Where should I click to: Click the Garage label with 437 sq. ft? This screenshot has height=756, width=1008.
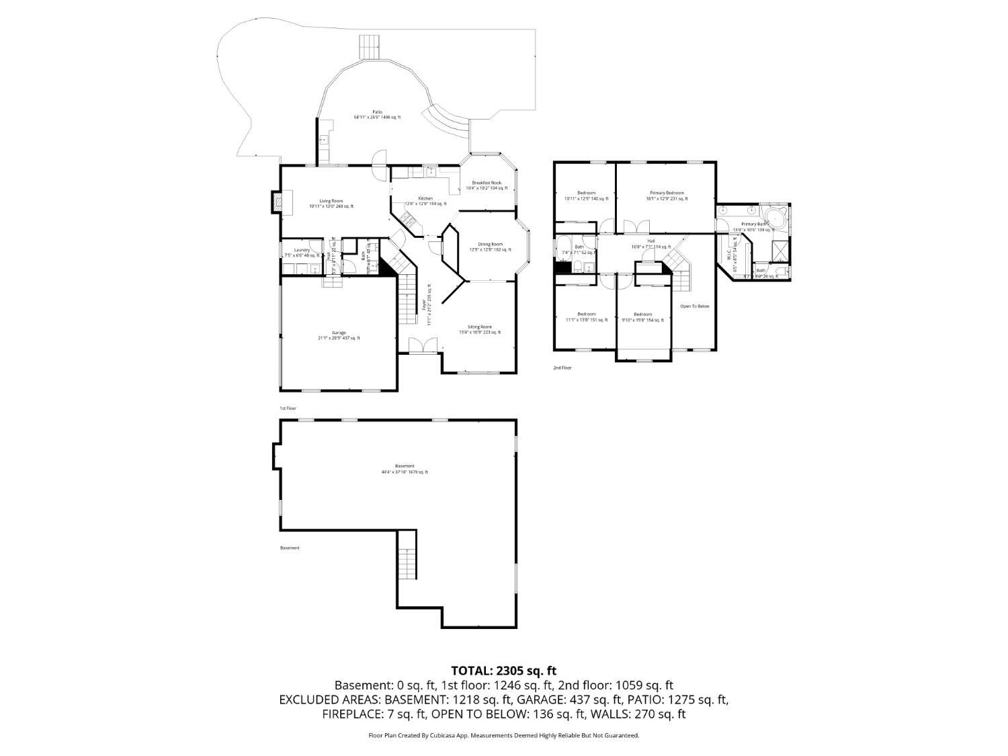click(339, 335)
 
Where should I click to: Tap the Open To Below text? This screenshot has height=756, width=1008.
click(694, 306)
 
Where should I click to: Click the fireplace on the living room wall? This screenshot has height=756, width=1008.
click(277, 202)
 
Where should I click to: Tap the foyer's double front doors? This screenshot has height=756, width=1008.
click(421, 345)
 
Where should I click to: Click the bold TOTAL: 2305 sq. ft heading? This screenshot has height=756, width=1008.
click(503, 671)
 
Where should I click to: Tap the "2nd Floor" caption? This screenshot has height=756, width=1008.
click(562, 368)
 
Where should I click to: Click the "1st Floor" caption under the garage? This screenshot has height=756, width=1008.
click(288, 409)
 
